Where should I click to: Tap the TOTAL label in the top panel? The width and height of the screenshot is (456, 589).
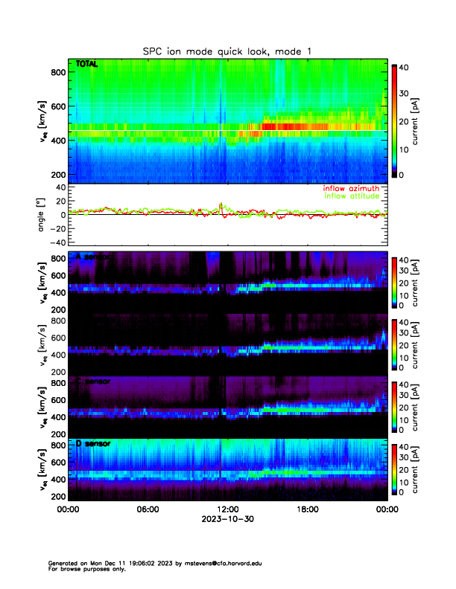click(x=87, y=65)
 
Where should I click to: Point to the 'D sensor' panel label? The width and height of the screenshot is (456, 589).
click(x=93, y=444)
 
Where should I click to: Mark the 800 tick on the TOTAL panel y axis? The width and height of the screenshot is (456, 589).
click(x=58, y=72)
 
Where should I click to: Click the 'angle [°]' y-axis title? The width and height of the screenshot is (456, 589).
click(x=42, y=215)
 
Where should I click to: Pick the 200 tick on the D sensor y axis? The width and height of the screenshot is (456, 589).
click(x=58, y=496)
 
